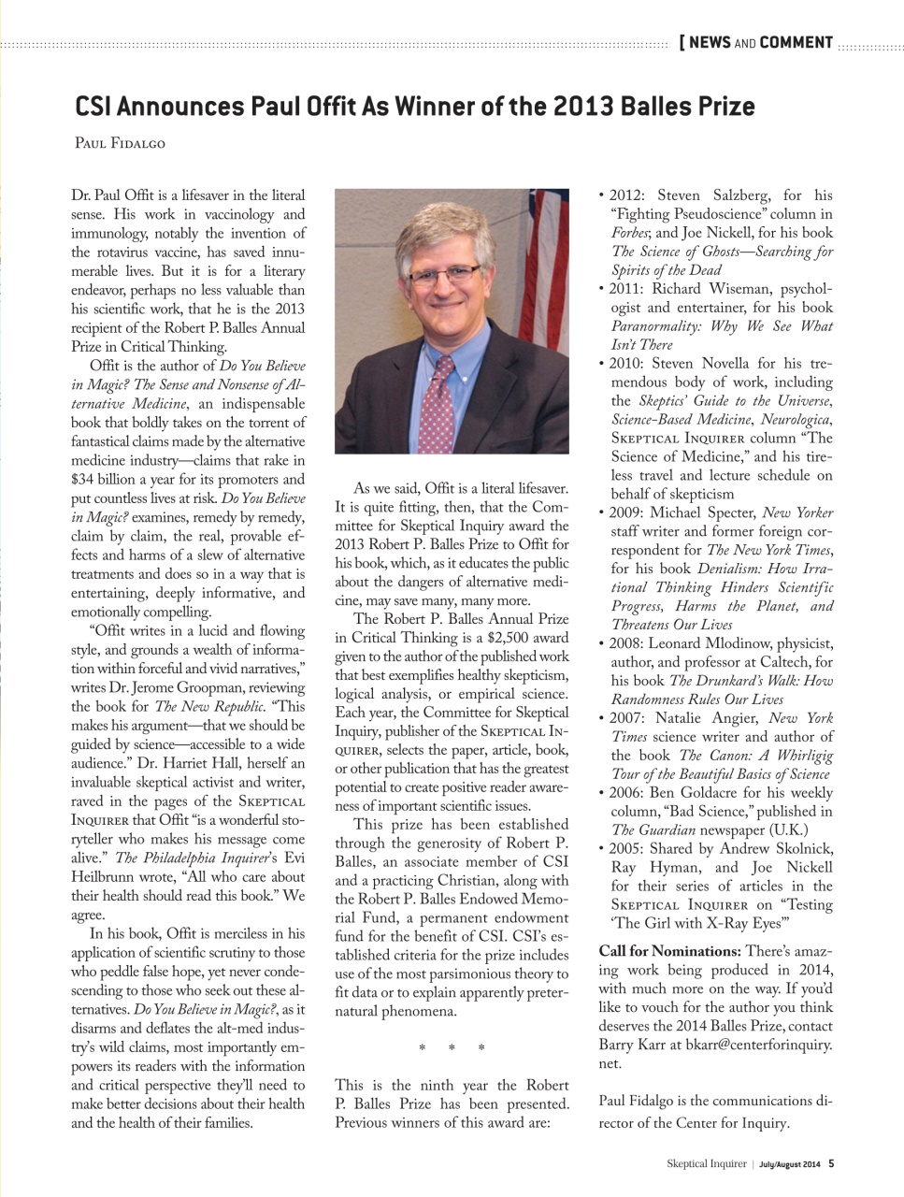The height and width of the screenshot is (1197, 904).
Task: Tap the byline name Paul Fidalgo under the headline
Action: point(119,144)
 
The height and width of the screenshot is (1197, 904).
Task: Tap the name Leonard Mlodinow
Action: point(711,643)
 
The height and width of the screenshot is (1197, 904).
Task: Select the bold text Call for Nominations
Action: point(669,951)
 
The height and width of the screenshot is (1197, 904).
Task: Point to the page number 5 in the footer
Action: point(831,1164)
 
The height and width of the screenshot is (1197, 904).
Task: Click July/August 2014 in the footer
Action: point(789,1164)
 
